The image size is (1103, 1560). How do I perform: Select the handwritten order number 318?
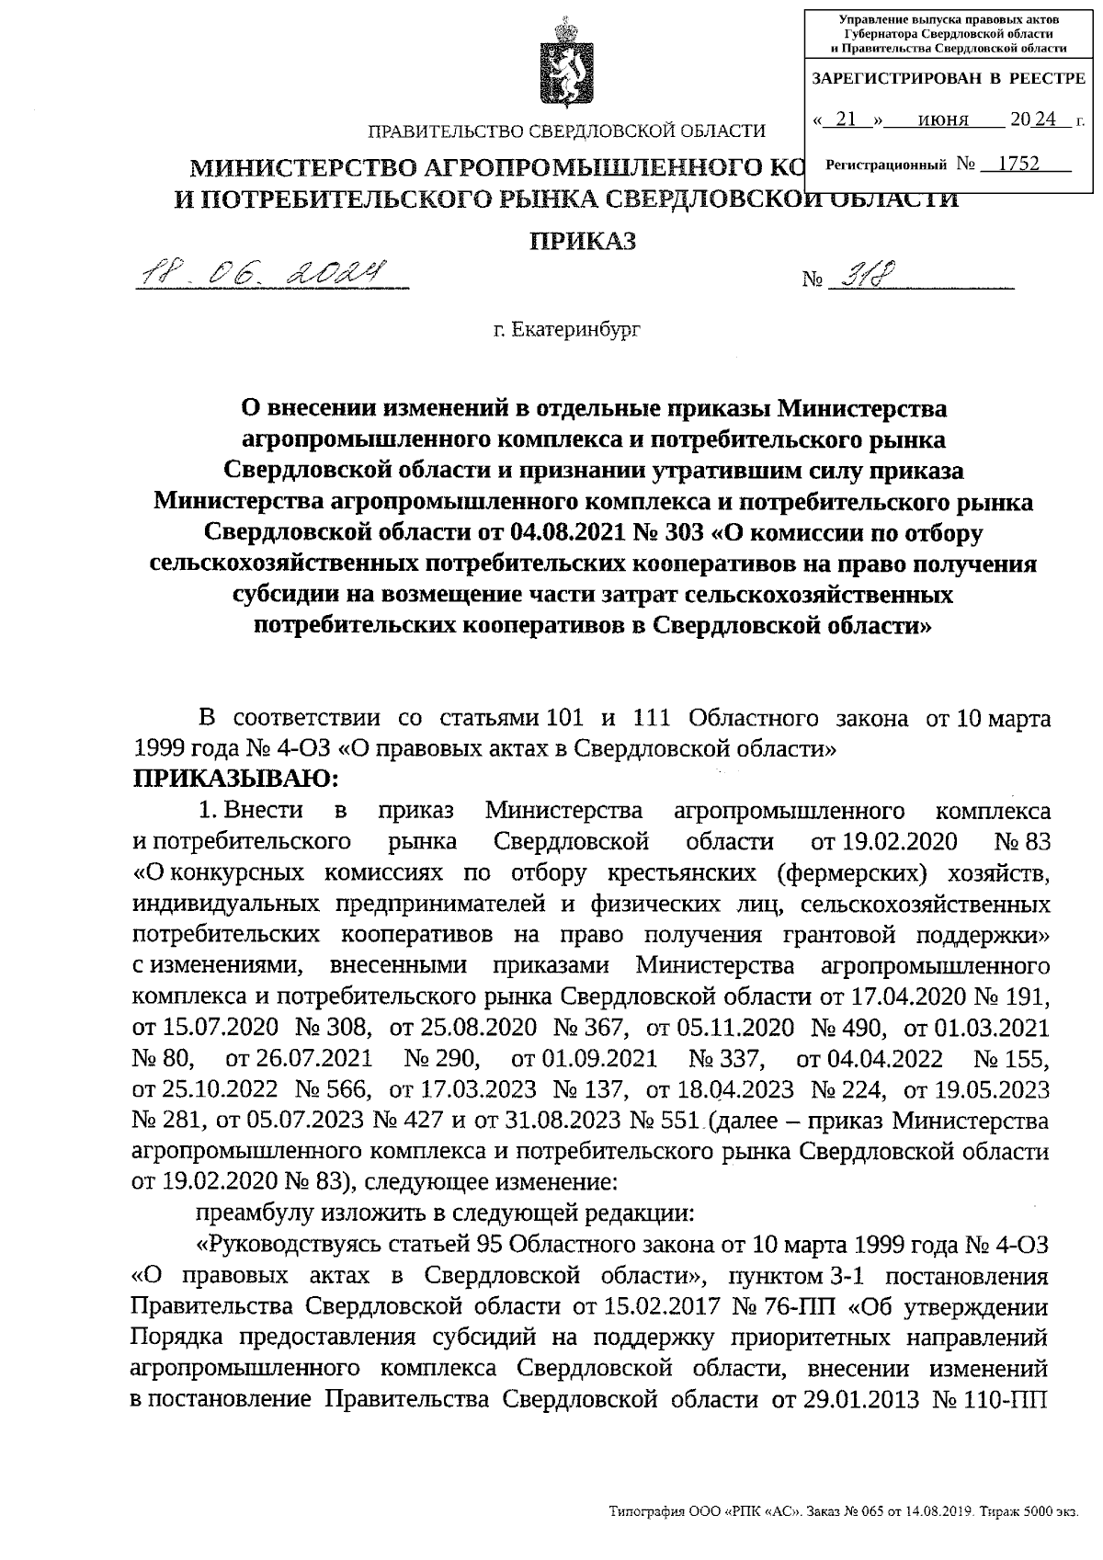pos(863,275)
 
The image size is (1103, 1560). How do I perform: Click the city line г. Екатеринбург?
pos(566,328)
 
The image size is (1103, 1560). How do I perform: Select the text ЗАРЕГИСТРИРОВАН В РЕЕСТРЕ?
pos(949,80)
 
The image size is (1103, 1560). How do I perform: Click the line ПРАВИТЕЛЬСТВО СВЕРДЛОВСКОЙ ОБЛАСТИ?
pos(566,131)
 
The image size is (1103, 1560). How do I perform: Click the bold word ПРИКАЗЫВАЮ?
pos(237,780)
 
